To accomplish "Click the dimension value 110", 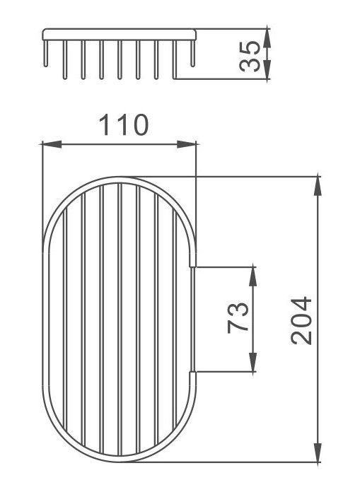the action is pos(124,125).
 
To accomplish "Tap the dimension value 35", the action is pos(250,57).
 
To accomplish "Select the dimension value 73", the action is pos(238,317).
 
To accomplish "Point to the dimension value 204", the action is pos(301,320).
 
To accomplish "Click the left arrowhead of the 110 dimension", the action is pos(52,144).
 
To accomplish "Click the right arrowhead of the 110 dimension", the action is pos(187,144).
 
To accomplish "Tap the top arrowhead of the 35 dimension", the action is pos(267,38).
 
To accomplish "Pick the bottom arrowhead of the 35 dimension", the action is pos(267,70).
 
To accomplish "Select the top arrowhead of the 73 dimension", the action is pos(252,276).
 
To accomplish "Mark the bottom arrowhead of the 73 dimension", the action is pos(252,363).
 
